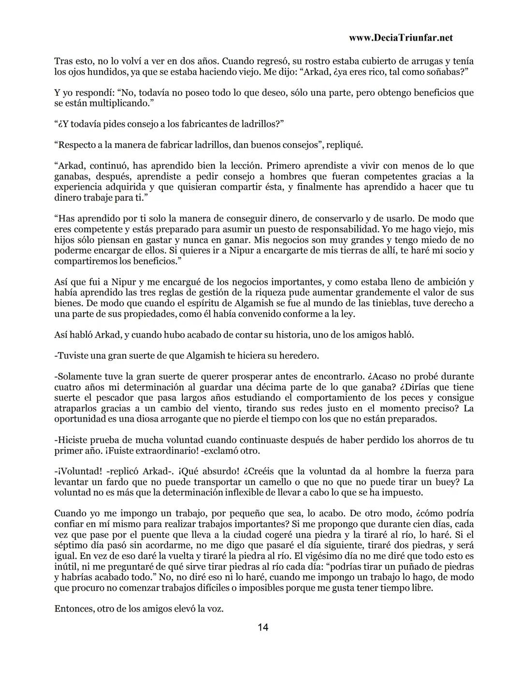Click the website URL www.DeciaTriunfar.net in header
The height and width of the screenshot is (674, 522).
coord(400,38)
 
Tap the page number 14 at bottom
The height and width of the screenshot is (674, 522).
coord(263,628)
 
